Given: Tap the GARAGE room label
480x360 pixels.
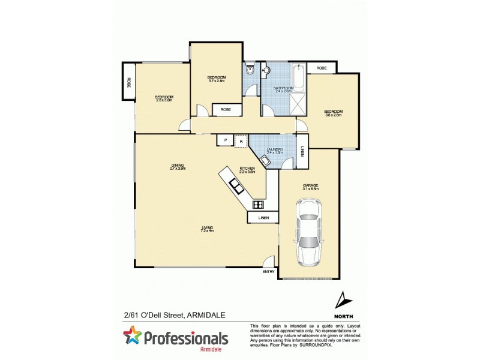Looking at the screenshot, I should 310,185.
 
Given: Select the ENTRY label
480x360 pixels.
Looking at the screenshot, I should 268,272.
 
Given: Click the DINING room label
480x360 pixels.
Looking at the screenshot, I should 177,166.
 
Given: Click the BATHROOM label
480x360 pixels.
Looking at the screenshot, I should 283,88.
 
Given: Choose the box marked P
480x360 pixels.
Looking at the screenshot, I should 225,140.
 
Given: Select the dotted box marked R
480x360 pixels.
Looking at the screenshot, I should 241,140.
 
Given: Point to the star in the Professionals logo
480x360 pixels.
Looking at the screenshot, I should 132,335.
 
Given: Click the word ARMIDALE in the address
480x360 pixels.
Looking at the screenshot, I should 213,313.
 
